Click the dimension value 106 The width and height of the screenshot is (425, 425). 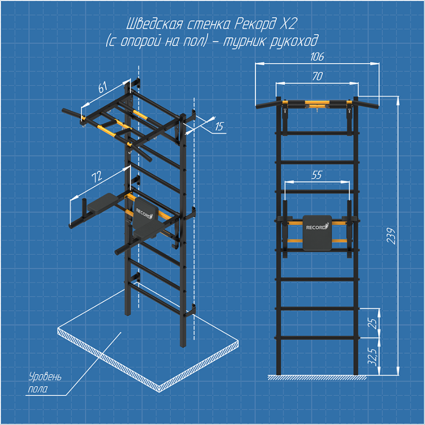pos(317,57)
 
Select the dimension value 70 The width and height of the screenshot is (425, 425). pos(317,76)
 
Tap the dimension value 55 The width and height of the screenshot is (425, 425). pos(316,175)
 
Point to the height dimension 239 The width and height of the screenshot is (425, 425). pos(391,236)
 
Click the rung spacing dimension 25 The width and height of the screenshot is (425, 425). pos(374,323)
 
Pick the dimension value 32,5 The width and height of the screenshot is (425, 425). pos(373,357)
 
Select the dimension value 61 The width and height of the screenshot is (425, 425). pos(103,87)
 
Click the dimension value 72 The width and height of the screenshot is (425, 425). pos(97,177)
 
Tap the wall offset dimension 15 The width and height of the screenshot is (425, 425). pos(219,126)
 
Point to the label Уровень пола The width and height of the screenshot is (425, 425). pos(45,382)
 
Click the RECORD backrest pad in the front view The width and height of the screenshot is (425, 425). pos(317,232)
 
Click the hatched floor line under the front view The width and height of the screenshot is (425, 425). pos(317,378)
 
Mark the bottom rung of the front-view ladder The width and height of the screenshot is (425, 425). pos(317,338)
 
